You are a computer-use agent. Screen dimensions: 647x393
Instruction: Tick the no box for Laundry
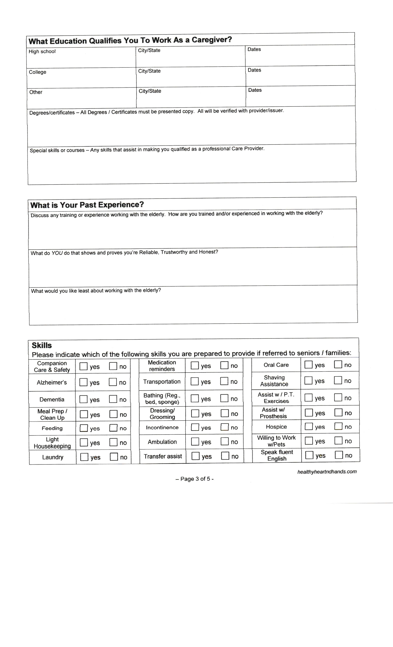point(114,457)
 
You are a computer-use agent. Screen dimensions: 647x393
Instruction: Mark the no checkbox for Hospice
point(338,426)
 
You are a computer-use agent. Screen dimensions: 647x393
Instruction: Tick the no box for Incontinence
point(225,427)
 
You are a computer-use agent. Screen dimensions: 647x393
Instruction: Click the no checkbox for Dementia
point(113,399)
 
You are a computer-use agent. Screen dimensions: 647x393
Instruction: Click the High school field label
point(42,51)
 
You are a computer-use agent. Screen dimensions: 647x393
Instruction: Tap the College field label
point(38,72)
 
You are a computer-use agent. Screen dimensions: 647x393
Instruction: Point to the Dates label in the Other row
point(255,90)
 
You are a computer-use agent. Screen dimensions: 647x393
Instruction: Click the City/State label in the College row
point(149,71)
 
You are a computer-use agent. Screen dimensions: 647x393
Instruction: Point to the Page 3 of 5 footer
point(194,479)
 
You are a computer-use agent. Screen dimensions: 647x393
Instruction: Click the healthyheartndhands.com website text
point(327,472)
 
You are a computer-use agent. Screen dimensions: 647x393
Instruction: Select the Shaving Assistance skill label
point(274,381)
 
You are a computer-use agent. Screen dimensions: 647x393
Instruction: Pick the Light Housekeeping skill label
point(52,443)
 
